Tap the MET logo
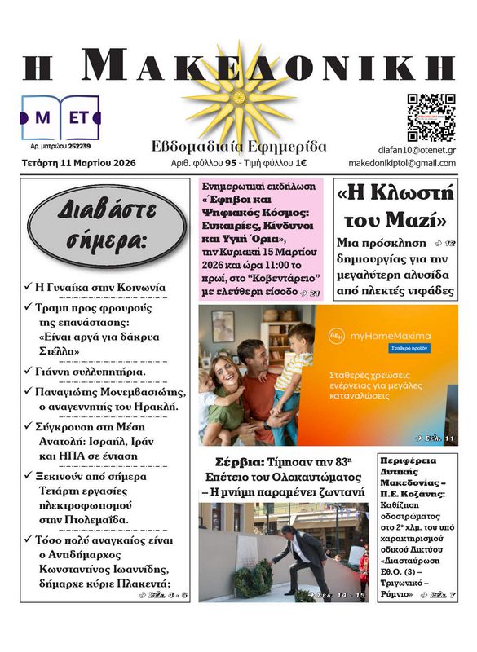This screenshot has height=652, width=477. pos(60,117)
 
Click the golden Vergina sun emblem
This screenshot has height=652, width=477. pos(239,96)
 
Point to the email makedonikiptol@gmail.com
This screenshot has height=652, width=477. pos(402,163)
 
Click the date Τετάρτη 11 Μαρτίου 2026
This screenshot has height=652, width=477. pos(79,163)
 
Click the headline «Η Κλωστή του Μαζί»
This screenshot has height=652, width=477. pos(395,207)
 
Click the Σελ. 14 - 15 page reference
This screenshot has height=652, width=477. pos(341,595)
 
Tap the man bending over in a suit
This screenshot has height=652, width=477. pos(303,554)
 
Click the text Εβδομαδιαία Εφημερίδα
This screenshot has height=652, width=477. pos(239,147)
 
